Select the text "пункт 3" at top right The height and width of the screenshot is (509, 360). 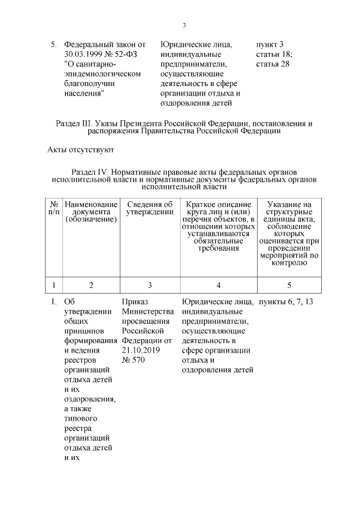tap(270, 44)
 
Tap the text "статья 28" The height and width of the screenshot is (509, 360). tap(273, 64)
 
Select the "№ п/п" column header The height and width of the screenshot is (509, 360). tap(54, 208)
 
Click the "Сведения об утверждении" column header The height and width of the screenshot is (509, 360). tap(150, 208)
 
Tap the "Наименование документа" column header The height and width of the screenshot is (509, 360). tap(91, 212)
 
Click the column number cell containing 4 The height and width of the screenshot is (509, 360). tap(218, 285)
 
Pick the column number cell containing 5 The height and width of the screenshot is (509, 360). tap(289, 285)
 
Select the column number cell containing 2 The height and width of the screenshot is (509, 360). tap(91, 285)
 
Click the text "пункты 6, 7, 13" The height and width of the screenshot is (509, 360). tap(286, 302)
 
